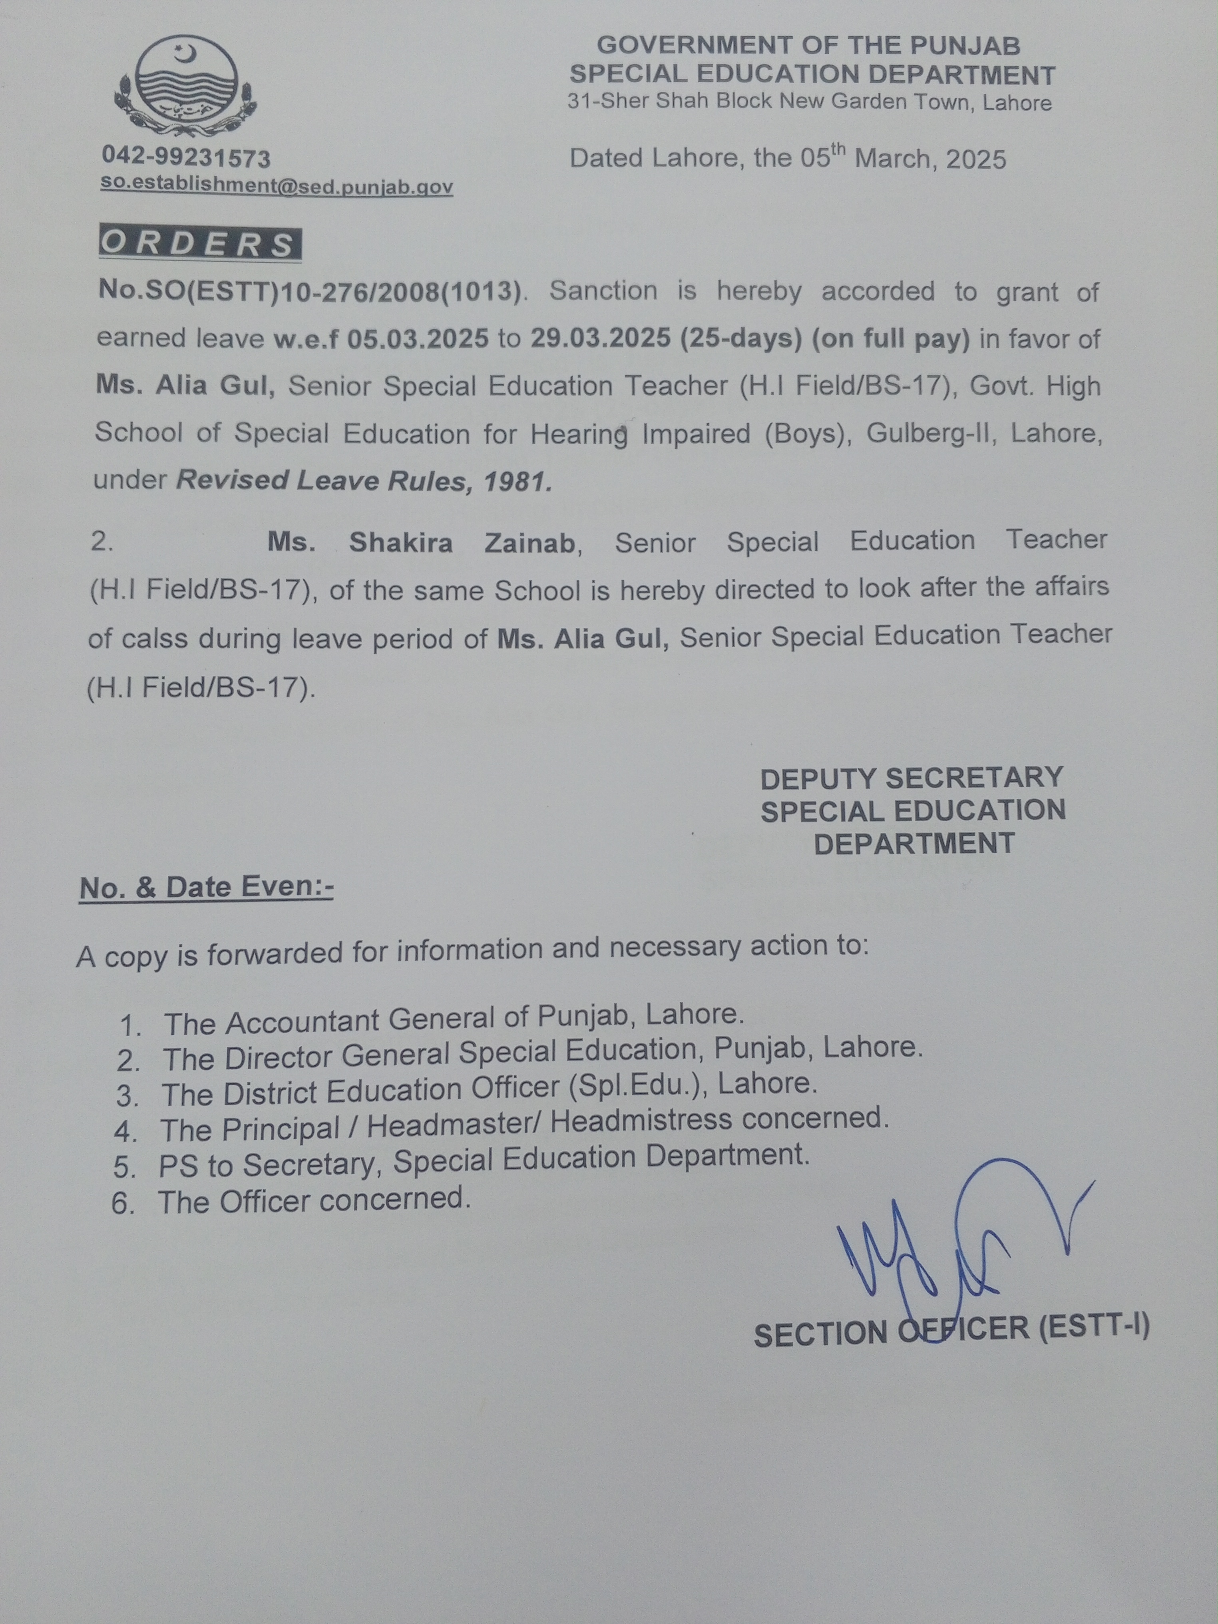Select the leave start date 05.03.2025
click(x=418, y=338)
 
